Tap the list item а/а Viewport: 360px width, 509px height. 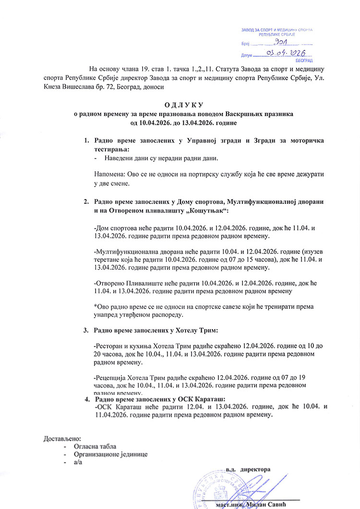point(78,462)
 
